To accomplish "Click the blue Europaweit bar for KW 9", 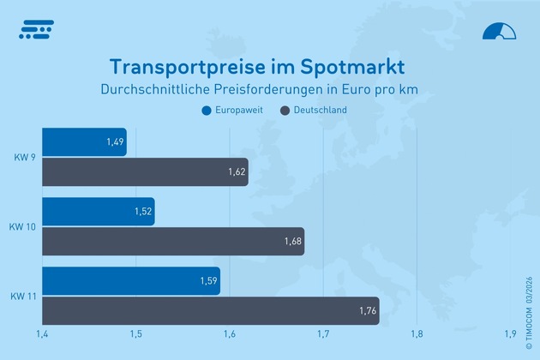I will click(83, 142).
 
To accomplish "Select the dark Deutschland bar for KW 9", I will click(144, 172).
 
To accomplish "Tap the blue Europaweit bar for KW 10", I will click(97, 212).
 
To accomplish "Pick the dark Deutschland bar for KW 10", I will click(172, 242).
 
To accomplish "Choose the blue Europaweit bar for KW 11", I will click(130, 280).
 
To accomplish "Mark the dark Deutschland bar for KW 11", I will click(210, 310).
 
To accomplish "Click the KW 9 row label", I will click(25, 158).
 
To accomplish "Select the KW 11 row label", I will click(23, 296).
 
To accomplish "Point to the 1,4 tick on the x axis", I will click(41, 334).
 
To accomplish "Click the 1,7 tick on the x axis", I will click(322, 334).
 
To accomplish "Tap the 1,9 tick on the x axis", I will click(511, 334).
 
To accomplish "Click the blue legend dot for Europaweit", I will click(206, 111).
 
